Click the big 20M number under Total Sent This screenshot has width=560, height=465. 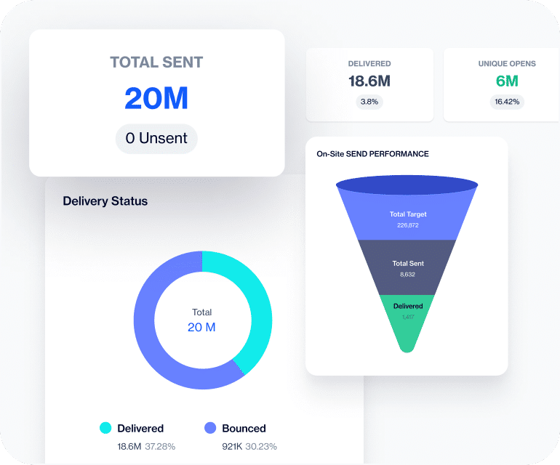point(156,98)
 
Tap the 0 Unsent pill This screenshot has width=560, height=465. point(156,138)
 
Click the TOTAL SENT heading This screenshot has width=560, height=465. point(156,62)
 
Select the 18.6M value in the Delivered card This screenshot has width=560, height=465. point(369,81)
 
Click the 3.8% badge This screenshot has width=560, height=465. point(369,102)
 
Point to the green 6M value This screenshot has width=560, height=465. point(507,81)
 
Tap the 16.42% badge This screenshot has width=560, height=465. point(507,102)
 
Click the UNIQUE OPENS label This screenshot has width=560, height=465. point(507,64)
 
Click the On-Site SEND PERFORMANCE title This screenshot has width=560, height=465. point(372,154)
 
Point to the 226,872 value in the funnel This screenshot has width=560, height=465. point(407,225)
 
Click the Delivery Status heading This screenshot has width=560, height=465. point(105,201)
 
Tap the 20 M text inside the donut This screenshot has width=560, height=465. point(201,328)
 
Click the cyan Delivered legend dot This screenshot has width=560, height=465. point(105,428)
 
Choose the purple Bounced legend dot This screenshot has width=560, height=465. point(210,428)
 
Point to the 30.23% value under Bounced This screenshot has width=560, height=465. point(260,446)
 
